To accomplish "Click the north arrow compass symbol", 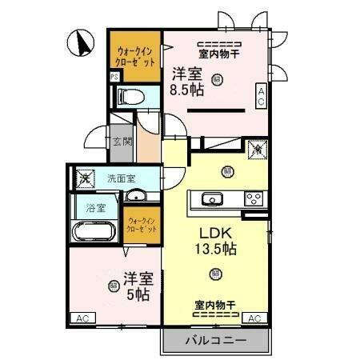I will (x=81, y=42).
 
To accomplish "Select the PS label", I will (x=114, y=78).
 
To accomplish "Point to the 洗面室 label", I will (x=121, y=178).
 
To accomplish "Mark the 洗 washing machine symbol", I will (x=84, y=178).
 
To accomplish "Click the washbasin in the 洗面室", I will (x=137, y=196).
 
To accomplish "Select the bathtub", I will (x=94, y=234).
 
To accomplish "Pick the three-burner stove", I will (x=254, y=199).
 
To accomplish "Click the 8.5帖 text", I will (x=186, y=90).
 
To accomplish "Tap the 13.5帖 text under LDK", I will (x=217, y=249).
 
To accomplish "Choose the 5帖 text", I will (x=138, y=295).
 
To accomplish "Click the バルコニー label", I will (x=215, y=340).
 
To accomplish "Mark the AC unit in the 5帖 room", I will (x=82, y=318).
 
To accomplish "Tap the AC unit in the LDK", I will (x=254, y=318).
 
